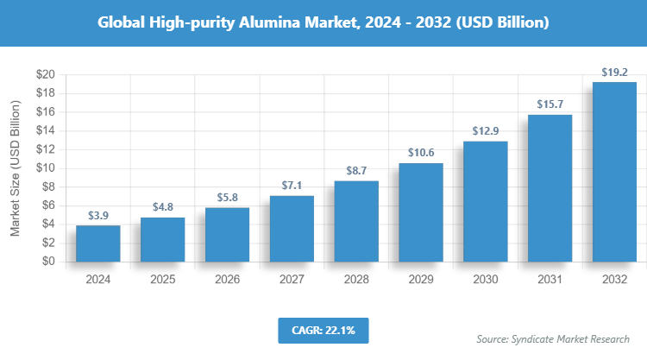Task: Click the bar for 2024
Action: (97, 243)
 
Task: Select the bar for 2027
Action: (292, 228)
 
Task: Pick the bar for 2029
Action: (421, 212)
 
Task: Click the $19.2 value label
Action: (614, 72)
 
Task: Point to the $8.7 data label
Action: (356, 170)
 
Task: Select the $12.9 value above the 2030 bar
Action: (486, 131)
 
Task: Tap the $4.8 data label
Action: (162, 207)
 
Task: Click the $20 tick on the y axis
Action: (46, 75)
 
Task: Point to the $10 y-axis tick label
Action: (46, 168)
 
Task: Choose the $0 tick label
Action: (49, 262)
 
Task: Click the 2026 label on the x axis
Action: (227, 280)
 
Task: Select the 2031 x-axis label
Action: (550, 280)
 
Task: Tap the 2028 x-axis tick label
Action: (356, 280)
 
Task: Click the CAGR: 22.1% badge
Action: (323, 330)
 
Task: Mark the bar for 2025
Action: (162, 239)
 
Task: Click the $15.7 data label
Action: (550, 104)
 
